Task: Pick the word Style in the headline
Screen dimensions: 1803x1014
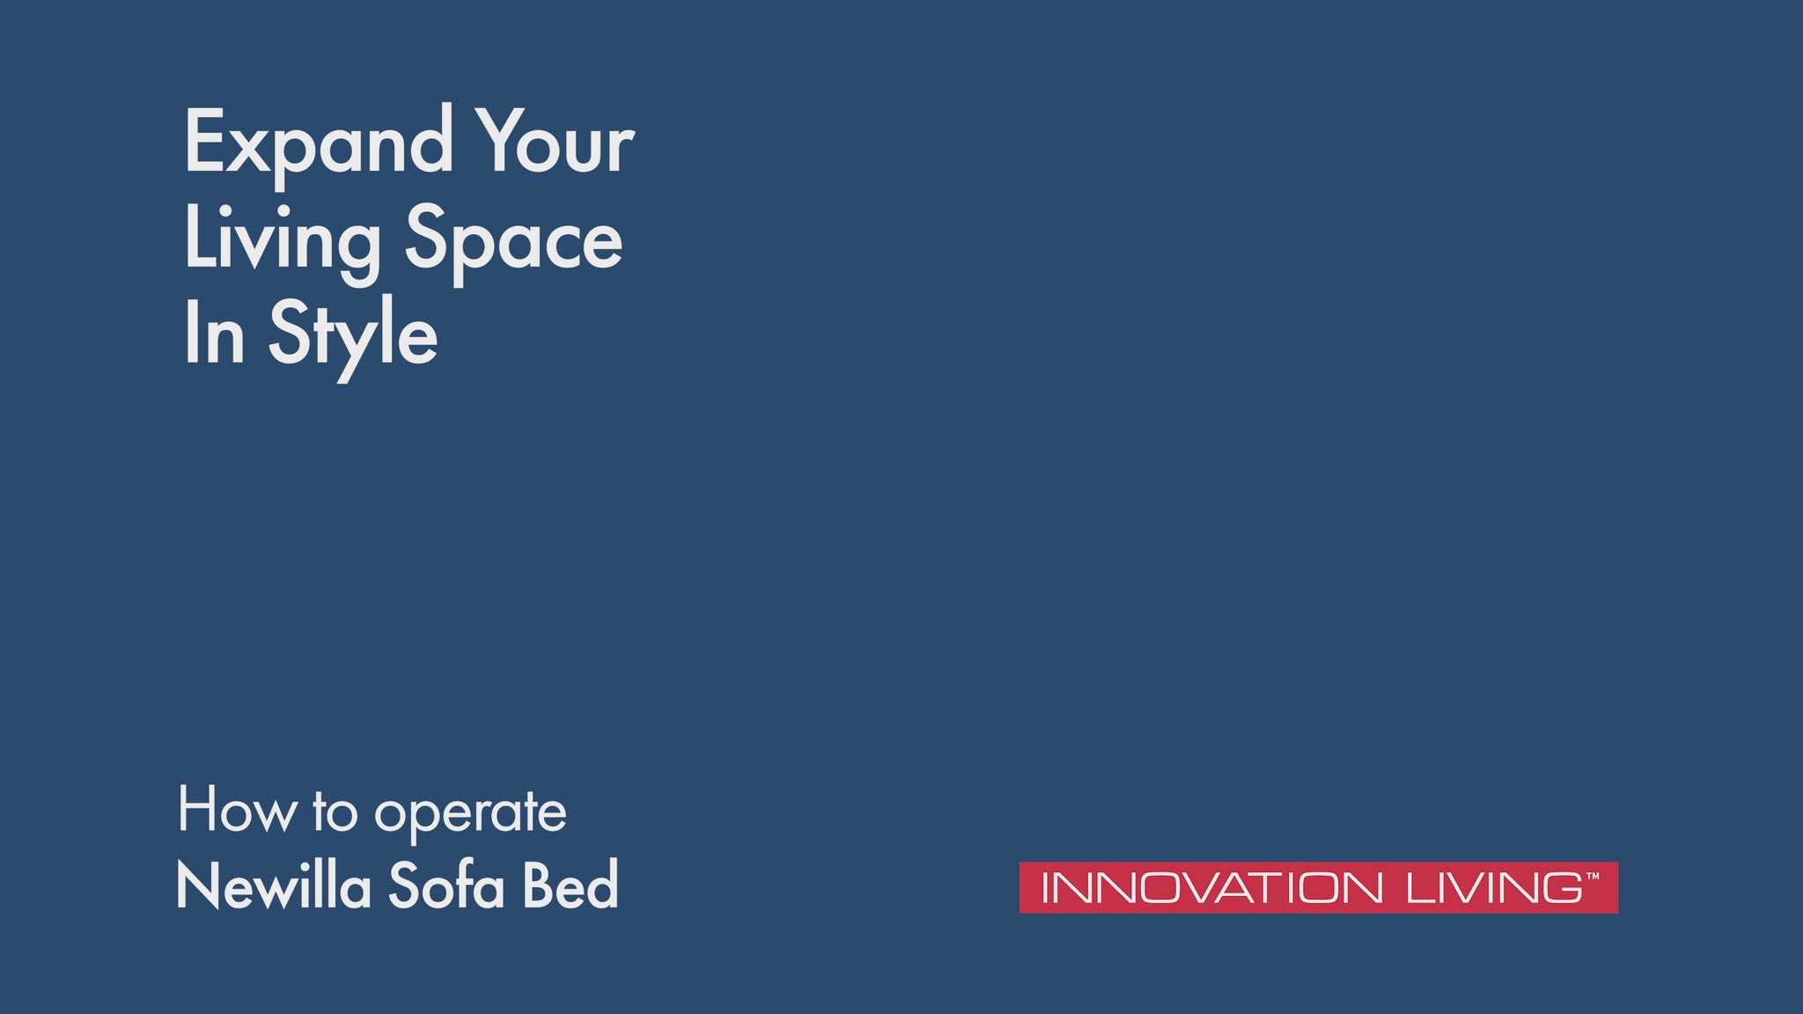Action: click(x=352, y=338)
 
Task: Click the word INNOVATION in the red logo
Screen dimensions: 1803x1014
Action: click(x=1211, y=887)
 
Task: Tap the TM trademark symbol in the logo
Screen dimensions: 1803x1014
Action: click(x=1593, y=877)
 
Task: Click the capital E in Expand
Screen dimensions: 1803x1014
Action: click(x=203, y=140)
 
